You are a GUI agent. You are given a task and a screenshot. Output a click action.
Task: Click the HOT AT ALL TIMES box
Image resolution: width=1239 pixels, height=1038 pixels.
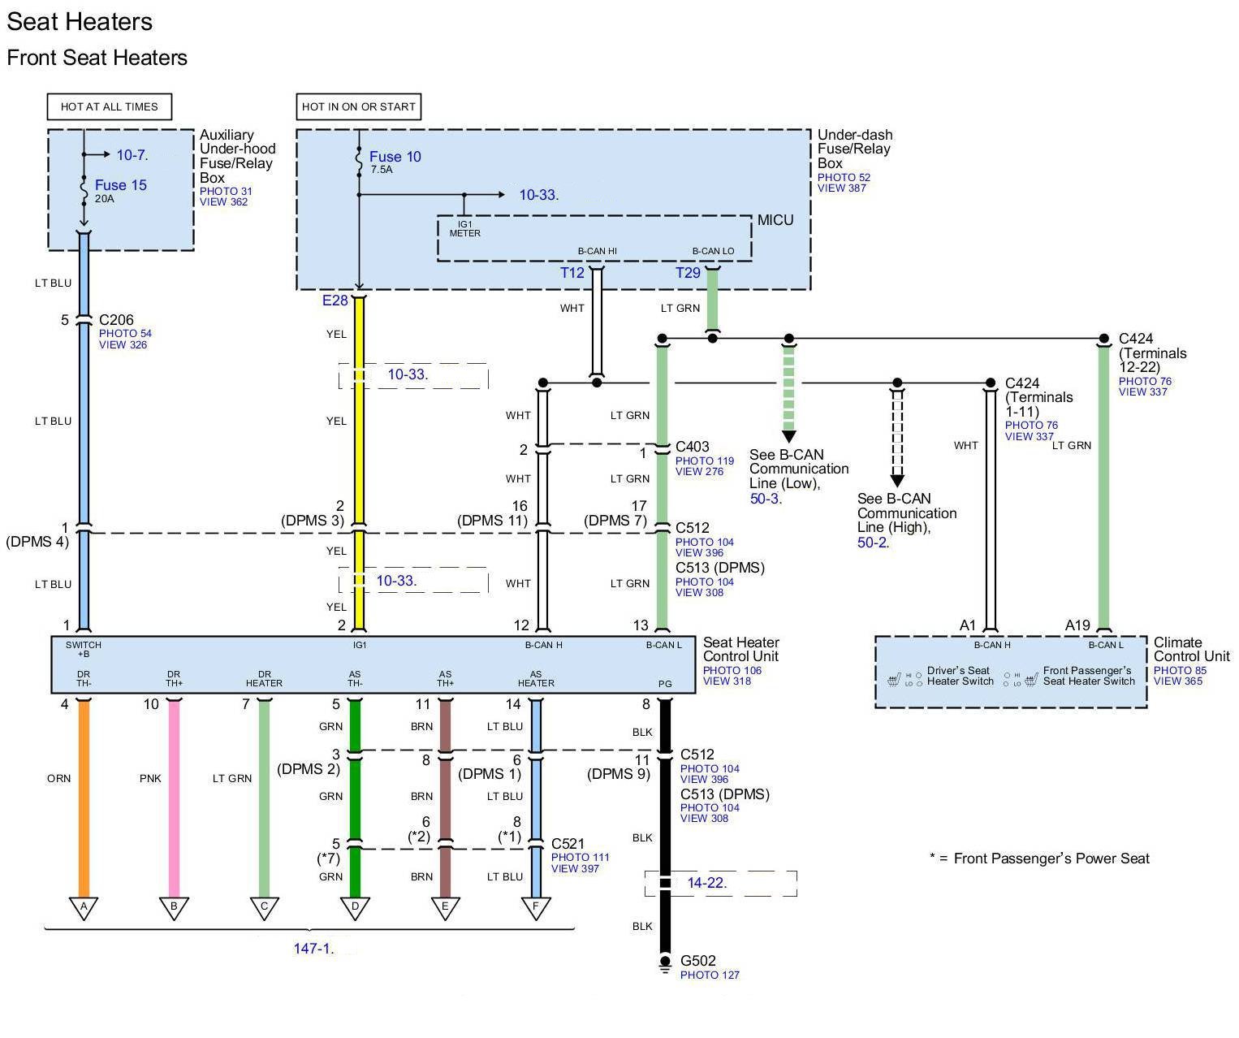[109, 106]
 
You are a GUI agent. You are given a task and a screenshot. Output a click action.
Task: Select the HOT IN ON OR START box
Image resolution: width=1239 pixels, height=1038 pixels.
[358, 106]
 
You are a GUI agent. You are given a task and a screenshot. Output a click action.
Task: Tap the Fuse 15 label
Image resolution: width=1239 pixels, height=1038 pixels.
[120, 184]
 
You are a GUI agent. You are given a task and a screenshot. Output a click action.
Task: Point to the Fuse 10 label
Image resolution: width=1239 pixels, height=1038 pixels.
[395, 156]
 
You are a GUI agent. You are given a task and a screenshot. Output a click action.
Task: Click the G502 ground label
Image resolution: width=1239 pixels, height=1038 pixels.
[697, 960]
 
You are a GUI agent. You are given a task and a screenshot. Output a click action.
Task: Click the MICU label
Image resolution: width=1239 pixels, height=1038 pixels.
[775, 219]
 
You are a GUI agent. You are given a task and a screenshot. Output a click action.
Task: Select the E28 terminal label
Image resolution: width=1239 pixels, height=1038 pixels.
[335, 300]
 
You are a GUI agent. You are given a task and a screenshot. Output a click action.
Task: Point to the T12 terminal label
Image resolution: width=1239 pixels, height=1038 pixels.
[572, 272]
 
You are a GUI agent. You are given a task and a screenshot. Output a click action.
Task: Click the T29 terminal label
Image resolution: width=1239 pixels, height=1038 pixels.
[687, 272]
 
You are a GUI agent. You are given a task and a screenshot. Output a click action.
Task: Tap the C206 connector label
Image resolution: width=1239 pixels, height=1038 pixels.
[116, 319]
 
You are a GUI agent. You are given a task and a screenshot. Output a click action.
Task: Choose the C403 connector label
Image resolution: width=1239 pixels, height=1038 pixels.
[692, 446]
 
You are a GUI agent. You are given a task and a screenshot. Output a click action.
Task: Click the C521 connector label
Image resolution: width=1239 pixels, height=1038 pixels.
[568, 843]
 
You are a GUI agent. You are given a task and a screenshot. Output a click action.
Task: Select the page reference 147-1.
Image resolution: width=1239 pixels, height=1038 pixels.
[313, 948]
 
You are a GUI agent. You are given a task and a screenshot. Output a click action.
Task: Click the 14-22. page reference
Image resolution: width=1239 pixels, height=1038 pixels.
[706, 882]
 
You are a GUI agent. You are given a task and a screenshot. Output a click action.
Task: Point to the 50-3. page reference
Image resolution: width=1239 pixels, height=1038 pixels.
[766, 498]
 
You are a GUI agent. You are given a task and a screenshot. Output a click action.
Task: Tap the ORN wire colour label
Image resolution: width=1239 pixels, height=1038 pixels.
[58, 777]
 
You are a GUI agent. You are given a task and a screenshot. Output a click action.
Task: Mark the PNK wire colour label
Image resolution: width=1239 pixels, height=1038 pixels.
[150, 777]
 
